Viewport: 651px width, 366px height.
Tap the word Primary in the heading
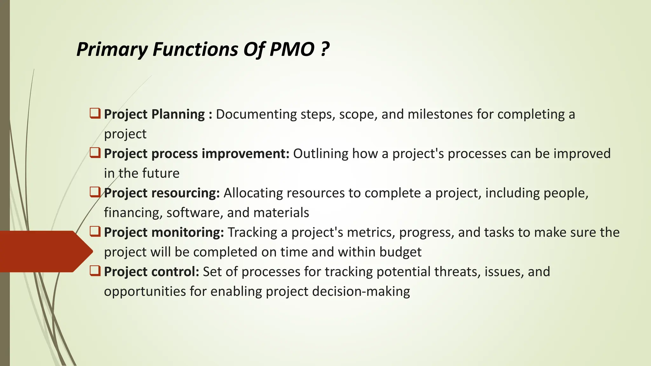[x=112, y=50]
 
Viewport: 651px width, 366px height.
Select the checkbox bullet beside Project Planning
[x=95, y=113]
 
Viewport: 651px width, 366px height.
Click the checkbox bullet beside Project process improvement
[x=95, y=153]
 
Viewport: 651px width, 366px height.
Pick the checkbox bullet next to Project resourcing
[x=95, y=192]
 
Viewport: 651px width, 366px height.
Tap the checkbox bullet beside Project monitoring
[x=95, y=232]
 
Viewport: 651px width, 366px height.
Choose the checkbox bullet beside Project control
[x=95, y=271]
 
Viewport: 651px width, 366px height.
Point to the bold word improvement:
[x=245, y=154]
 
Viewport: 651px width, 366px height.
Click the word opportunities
[x=145, y=292]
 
